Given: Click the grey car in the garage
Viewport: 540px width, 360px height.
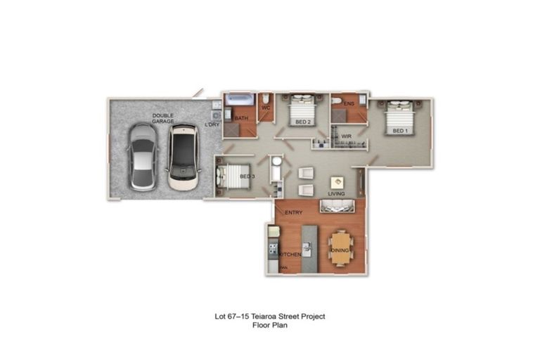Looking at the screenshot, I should (x=143, y=157).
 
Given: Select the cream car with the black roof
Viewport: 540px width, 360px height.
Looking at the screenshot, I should (x=183, y=157).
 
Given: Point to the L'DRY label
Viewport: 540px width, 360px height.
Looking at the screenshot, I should (x=212, y=125).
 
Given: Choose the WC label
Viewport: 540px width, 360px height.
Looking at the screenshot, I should (x=266, y=108).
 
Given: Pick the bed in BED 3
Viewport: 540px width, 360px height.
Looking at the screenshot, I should (x=231, y=176).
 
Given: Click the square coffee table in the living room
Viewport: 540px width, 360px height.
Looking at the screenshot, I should (x=336, y=181).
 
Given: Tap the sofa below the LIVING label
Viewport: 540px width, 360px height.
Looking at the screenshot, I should (x=338, y=205).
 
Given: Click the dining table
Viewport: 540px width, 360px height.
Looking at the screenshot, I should (x=340, y=248).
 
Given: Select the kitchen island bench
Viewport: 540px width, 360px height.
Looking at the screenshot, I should (x=309, y=249).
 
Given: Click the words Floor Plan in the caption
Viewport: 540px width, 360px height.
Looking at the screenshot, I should (x=269, y=326).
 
